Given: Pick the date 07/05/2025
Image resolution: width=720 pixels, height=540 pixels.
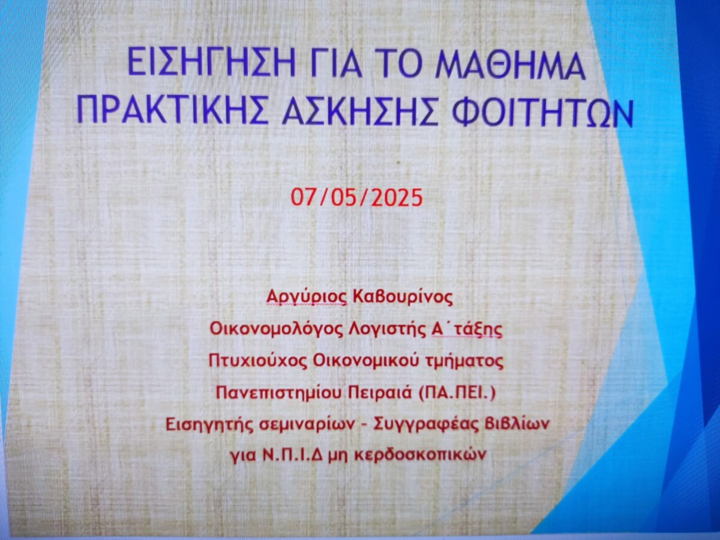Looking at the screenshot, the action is tap(356, 199).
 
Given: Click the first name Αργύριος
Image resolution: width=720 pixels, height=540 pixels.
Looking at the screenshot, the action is tap(307, 298).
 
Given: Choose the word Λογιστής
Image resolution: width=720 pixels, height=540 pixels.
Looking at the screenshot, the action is tap(386, 330).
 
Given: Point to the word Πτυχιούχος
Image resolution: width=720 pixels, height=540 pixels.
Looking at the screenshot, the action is tap(258, 362).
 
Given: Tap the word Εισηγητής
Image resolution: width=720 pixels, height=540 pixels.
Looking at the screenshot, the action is tap(209, 425).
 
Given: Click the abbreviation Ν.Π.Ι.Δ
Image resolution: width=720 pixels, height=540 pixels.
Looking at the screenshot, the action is tap(294, 456).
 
